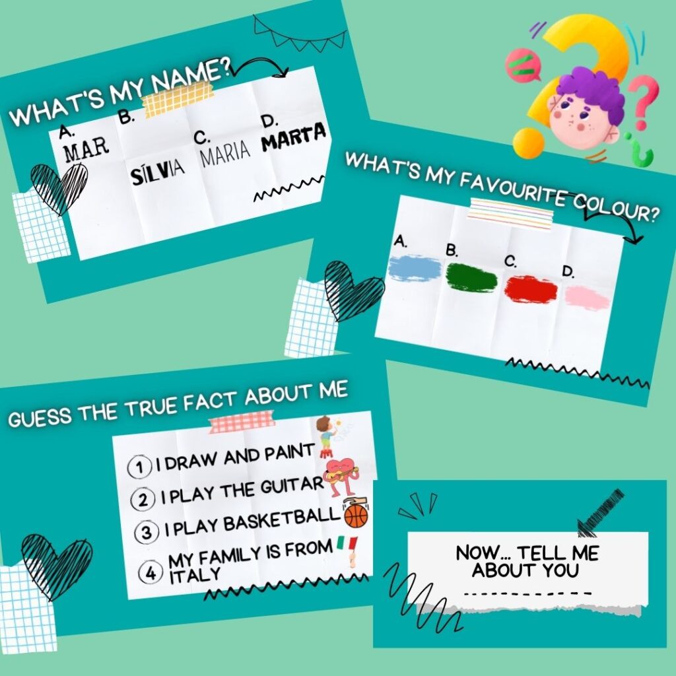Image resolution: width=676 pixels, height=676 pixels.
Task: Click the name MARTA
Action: coord(294,136)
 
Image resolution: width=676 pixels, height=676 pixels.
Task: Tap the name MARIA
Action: coord(226,153)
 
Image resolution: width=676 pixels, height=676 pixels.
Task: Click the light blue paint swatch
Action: coord(415,268)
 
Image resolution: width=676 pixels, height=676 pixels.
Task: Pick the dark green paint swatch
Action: coord(471,278)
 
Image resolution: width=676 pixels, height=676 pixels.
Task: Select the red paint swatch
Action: coord(531,289)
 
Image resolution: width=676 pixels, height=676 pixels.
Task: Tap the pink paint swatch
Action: coord(587,298)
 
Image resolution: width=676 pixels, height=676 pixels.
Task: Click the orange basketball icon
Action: coord(356,516)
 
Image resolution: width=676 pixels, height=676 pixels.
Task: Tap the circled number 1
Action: coord(139,467)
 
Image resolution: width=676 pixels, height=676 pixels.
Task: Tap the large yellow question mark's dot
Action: coord(527,143)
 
